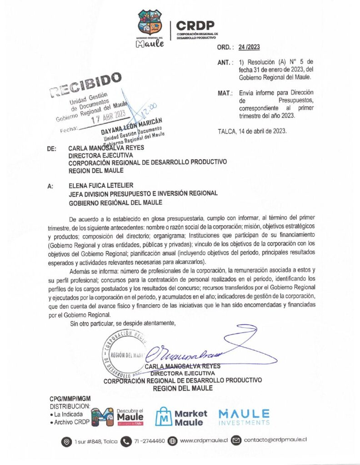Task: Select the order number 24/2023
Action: (x=251, y=47)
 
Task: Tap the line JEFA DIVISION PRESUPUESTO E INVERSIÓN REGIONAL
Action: (x=143, y=194)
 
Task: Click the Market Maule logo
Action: (x=181, y=418)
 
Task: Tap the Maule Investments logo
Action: (x=244, y=417)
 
